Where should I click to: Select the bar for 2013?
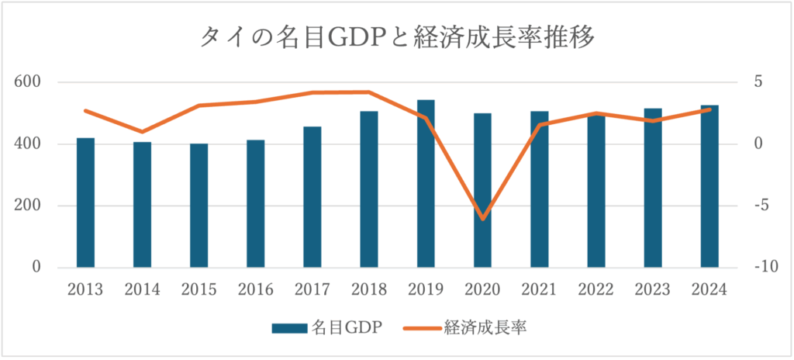tap(85, 203)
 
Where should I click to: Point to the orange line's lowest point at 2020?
tap(482, 219)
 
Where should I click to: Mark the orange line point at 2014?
tap(142, 132)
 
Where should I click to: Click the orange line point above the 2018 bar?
tap(369, 92)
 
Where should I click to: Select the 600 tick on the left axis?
tap(27, 82)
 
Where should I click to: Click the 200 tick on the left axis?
tap(27, 206)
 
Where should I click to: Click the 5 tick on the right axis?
tap(759, 82)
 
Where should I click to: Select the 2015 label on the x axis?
tap(198, 289)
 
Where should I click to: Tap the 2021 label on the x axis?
tap(539, 289)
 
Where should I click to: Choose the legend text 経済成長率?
tap(486, 328)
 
